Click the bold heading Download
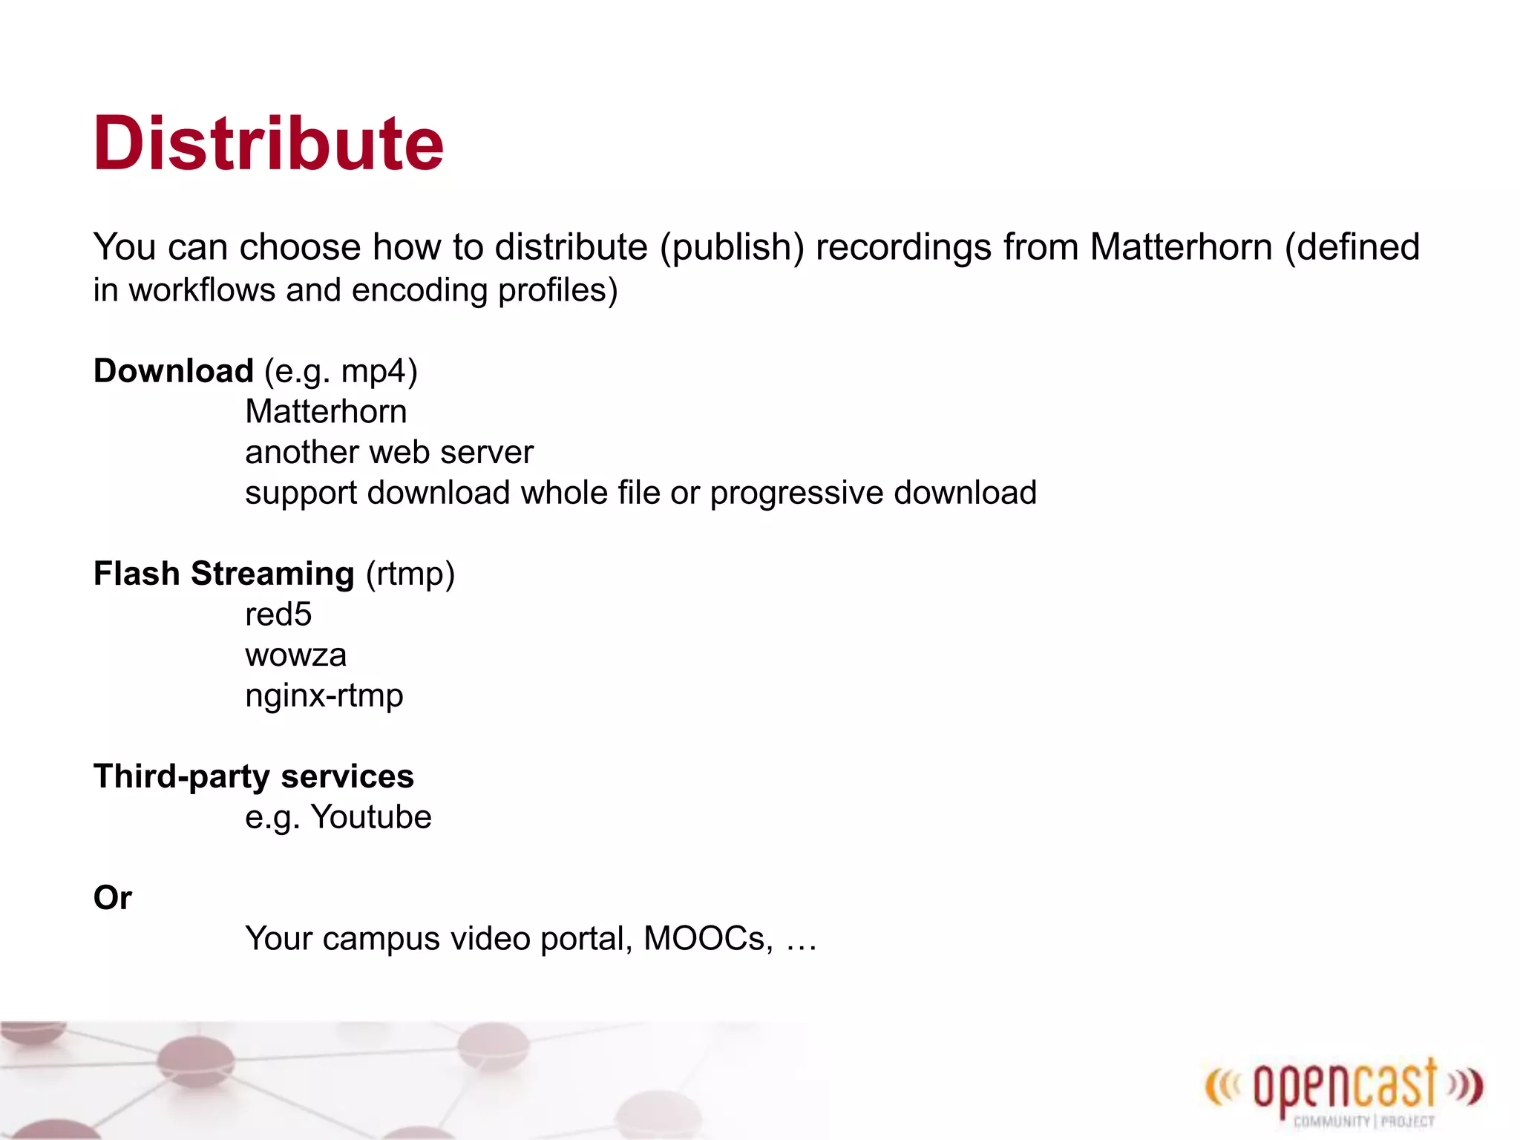click(174, 370)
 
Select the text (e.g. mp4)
click(341, 371)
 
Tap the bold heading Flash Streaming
click(223, 574)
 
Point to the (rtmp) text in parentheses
click(410, 574)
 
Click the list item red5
click(278, 615)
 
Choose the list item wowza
click(295, 655)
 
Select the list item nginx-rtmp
click(324, 696)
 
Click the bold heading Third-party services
click(253, 776)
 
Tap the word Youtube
click(371, 817)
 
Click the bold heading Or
click(112, 898)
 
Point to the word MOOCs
click(707, 939)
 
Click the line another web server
click(389, 453)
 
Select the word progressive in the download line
click(796, 493)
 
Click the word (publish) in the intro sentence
click(732, 247)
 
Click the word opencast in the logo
click(1345, 1087)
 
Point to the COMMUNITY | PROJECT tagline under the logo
click(1363, 1121)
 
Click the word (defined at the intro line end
click(1352, 247)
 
